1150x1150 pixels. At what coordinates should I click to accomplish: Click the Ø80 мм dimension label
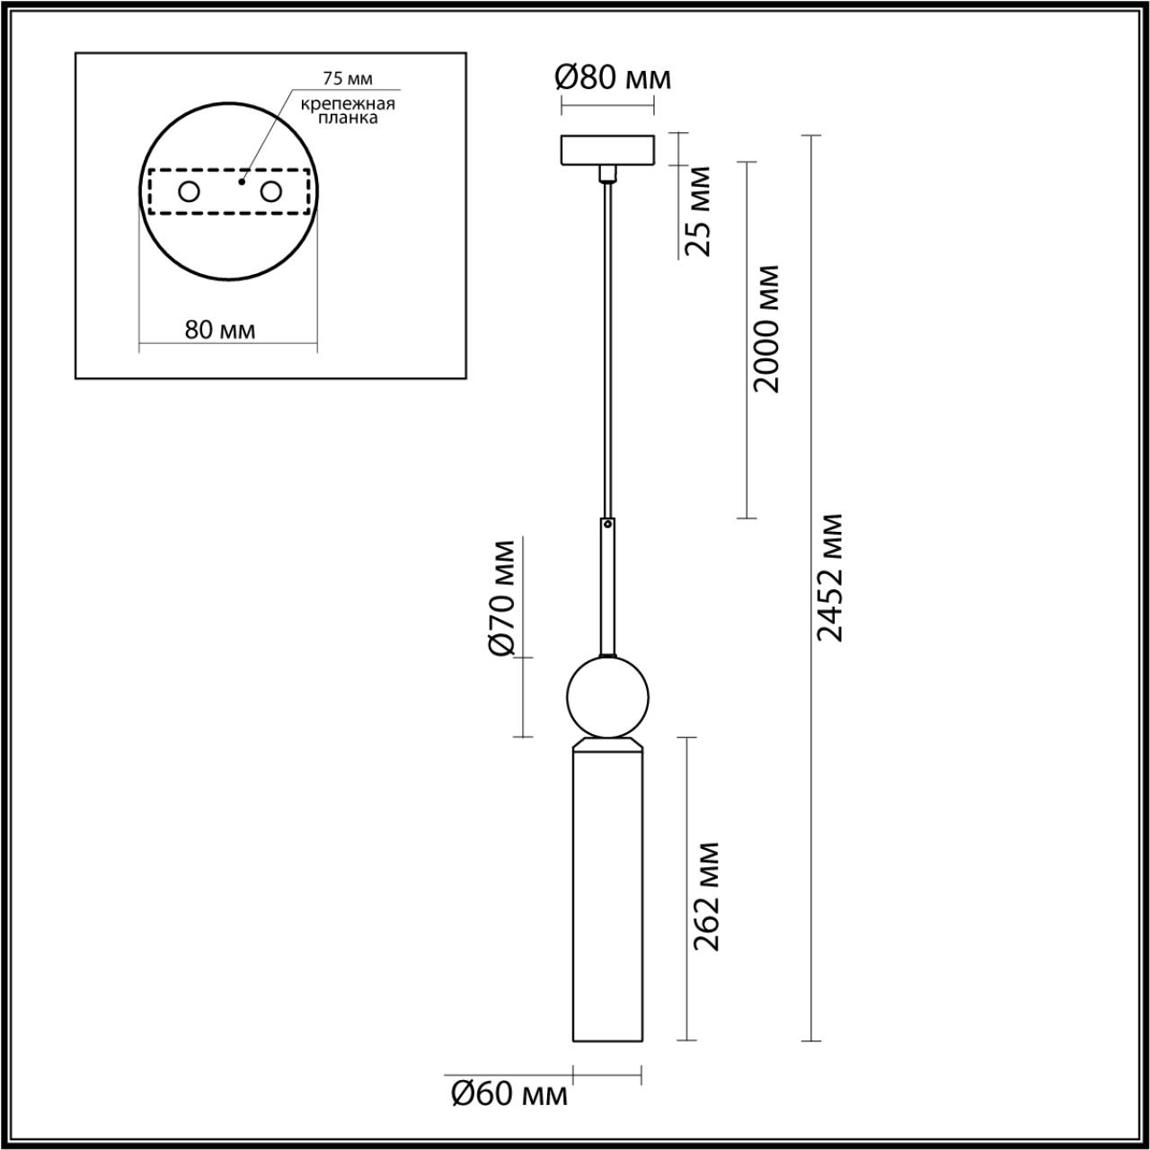613,79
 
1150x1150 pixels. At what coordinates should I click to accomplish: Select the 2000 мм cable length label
766,329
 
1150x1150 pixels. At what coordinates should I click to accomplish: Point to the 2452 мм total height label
830,578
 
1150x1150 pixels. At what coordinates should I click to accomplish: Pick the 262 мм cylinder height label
707,897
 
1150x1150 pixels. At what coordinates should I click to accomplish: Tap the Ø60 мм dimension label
509,1094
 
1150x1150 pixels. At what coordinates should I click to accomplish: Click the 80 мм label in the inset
220,331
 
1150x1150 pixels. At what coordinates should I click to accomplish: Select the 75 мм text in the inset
348,79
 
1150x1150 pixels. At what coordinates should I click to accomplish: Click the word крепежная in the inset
348,102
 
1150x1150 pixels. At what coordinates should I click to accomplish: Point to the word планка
348,117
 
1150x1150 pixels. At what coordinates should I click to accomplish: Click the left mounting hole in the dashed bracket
189,191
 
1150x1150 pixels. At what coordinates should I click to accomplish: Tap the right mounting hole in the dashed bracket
270,191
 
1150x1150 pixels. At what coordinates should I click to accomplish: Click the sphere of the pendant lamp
607,697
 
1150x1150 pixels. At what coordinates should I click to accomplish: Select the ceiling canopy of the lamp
607,150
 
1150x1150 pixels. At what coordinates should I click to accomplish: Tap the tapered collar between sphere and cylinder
607,745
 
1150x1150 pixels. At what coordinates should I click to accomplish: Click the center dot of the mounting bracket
241,181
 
